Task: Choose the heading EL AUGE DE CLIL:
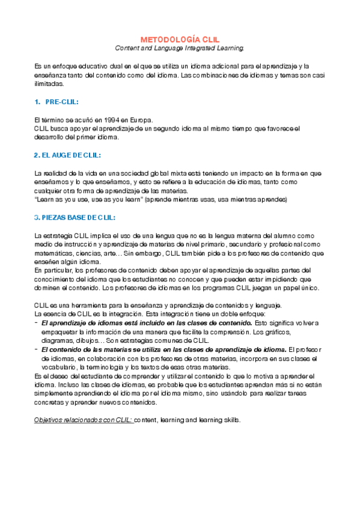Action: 67,155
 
